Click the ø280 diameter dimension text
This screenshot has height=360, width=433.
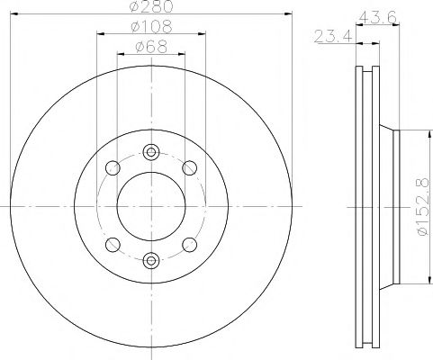point(150,8)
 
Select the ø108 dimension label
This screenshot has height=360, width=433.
point(150,27)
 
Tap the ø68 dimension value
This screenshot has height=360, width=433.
point(150,47)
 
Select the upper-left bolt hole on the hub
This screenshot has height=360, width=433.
point(112,167)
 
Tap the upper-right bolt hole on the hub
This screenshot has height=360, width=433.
point(190,167)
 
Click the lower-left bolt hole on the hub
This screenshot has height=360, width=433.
point(112,245)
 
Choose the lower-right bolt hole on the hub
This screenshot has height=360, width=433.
point(190,245)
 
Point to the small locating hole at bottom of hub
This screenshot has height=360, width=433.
point(150,261)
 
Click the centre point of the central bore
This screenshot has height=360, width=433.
point(150,206)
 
